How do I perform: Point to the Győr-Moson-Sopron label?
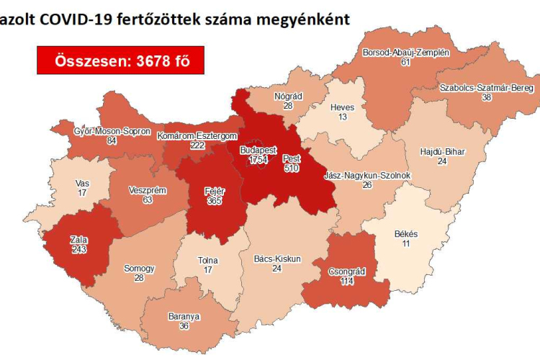click(112, 131)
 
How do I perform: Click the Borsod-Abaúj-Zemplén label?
click(406, 53)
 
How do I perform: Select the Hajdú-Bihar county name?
click(441, 151)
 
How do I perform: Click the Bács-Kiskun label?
click(277, 258)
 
